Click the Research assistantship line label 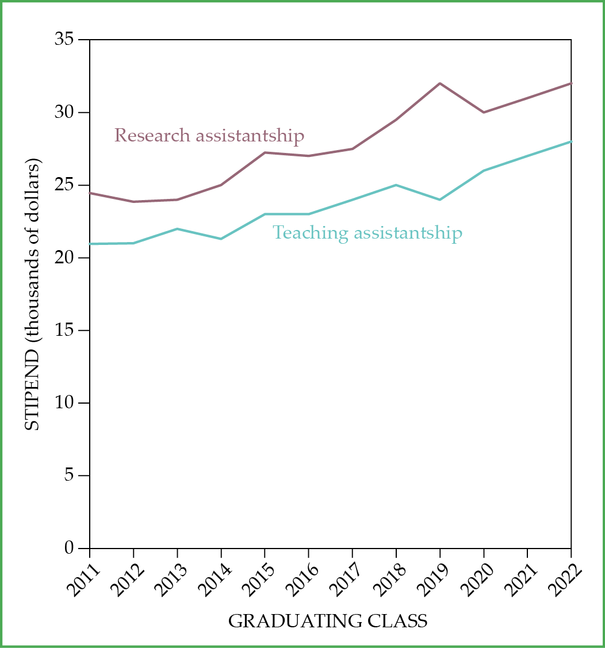(x=209, y=136)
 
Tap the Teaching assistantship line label (x=367, y=233)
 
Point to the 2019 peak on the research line (x=440, y=83)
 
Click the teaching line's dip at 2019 (x=440, y=200)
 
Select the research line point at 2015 (x=265, y=152)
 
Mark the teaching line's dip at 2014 (x=221, y=239)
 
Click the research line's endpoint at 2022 (x=570, y=83)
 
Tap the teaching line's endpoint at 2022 (x=570, y=141)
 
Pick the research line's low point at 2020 (x=484, y=112)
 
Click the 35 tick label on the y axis (x=64, y=40)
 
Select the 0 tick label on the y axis (x=69, y=548)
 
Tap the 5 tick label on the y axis (x=69, y=476)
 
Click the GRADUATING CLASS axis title (x=328, y=622)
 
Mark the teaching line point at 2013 (x=177, y=229)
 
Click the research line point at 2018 (x=396, y=120)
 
